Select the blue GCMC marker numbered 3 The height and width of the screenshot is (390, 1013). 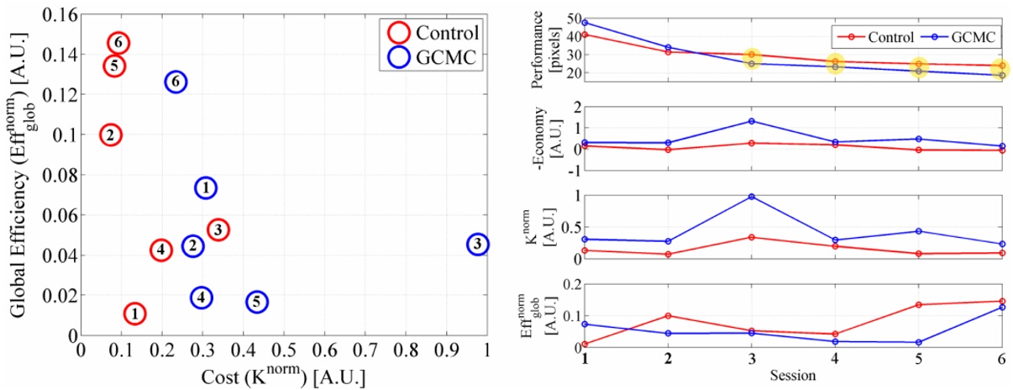(477, 245)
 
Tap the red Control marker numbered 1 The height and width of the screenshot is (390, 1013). (134, 314)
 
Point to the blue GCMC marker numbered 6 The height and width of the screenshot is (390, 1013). (175, 82)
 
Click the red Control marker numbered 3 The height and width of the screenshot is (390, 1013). (218, 229)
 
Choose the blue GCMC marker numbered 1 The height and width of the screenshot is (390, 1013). (206, 187)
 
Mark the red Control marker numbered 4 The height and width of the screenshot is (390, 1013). (160, 250)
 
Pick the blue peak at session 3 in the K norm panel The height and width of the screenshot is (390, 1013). (751, 197)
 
